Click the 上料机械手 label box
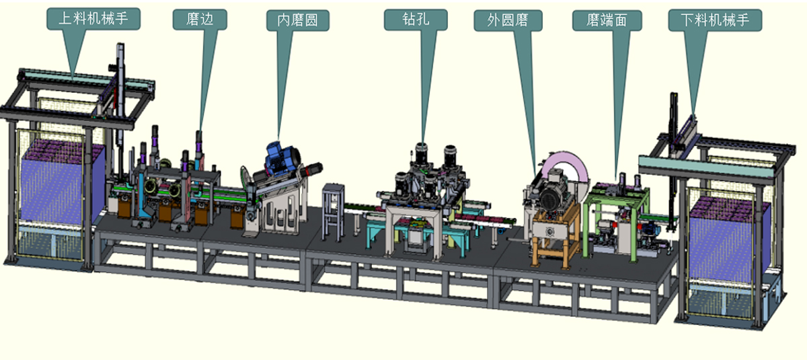(x=93, y=19)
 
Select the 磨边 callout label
(x=200, y=20)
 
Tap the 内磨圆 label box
(x=297, y=20)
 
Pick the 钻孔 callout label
(x=416, y=20)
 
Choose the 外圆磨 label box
(x=508, y=21)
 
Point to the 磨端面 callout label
(x=607, y=21)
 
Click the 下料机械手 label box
(x=715, y=20)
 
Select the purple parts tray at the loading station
(x=58, y=180)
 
